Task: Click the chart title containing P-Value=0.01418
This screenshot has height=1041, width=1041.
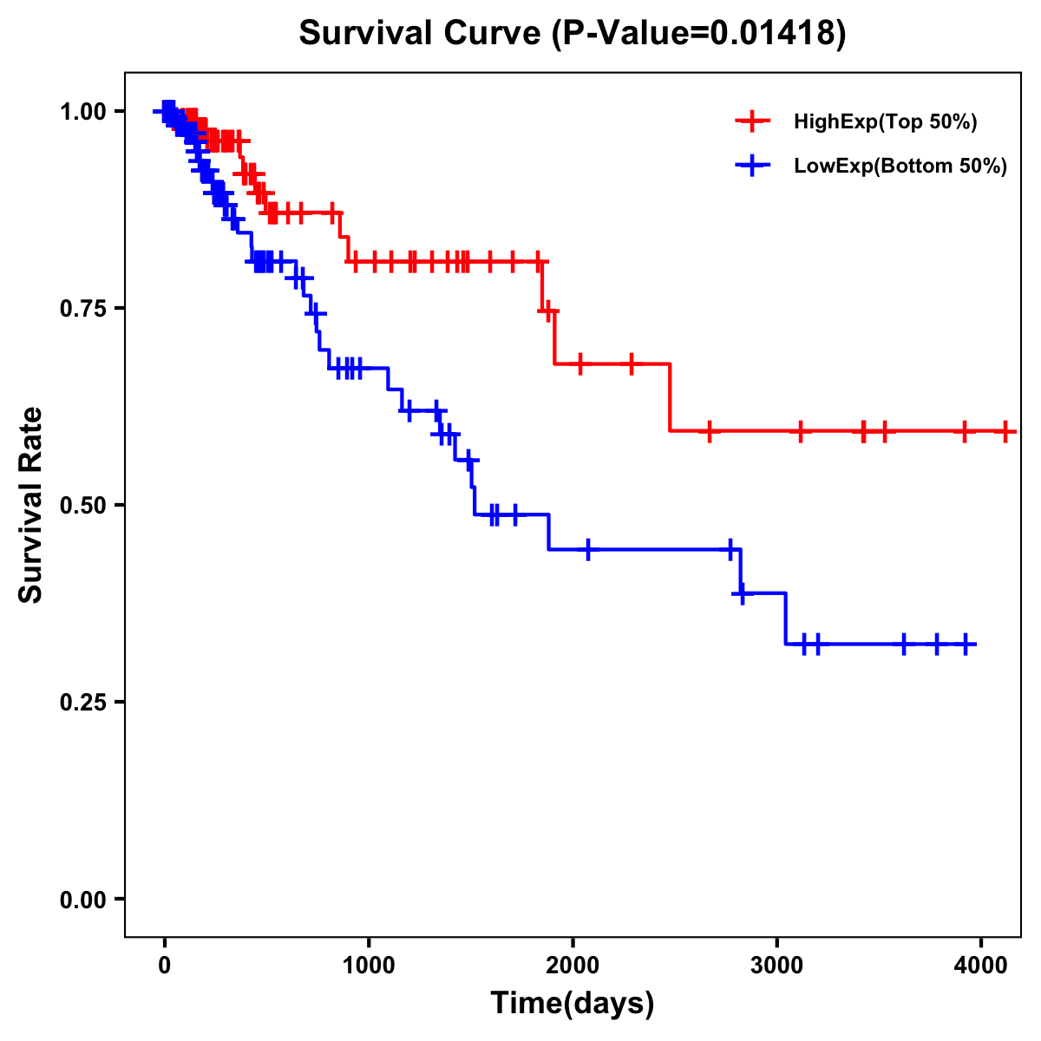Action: pyautogui.click(x=572, y=33)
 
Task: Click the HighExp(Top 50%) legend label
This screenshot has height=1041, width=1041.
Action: pyautogui.click(x=886, y=122)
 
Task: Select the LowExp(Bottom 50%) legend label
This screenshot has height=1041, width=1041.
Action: pyautogui.click(x=900, y=166)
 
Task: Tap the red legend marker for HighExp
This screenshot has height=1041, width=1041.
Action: pyautogui.click(x=752, y=121)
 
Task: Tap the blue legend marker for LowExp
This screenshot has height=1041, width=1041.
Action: pyautogui.click(x=752, y=165)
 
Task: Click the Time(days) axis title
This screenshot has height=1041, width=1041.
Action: pyautogui.click(x=573, y=1004)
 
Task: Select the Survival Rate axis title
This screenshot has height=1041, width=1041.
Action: pyautogui.click(x=31, y=505)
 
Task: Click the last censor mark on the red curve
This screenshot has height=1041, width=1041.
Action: pyautogui.click(x=1005, y=430)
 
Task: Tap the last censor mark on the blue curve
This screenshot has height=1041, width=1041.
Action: pyautogui.click(x=966, y=644)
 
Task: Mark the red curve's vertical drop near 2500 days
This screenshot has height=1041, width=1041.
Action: pyautogui.click(x=670, y=397)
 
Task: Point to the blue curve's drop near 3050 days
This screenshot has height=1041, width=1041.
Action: pyautogui.click(x=785, y=619)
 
